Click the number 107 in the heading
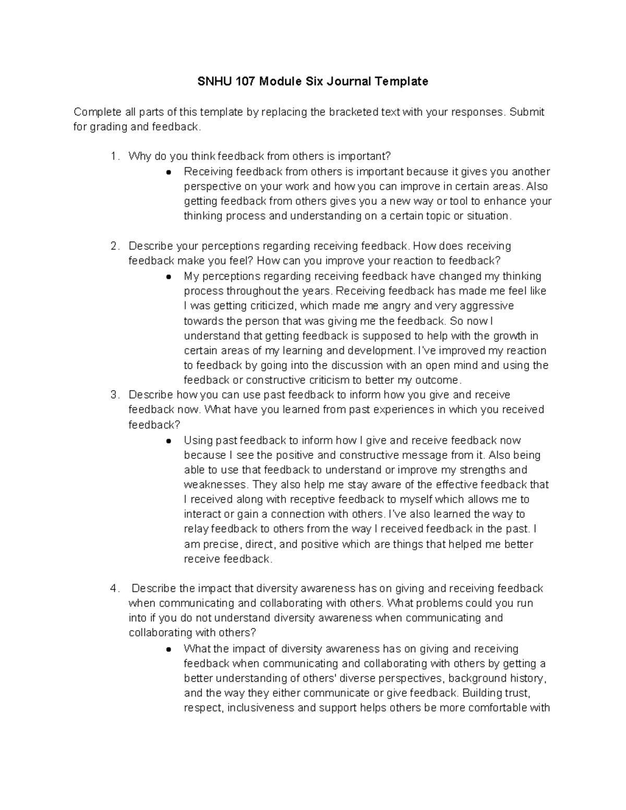245,81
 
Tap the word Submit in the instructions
527,112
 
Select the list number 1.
115,156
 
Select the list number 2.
115,246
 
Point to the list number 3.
115,395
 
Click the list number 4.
115,588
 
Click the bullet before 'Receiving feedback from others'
168,172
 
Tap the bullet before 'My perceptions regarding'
168,276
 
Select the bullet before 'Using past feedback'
168,441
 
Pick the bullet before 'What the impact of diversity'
168,649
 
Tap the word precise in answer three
222,544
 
